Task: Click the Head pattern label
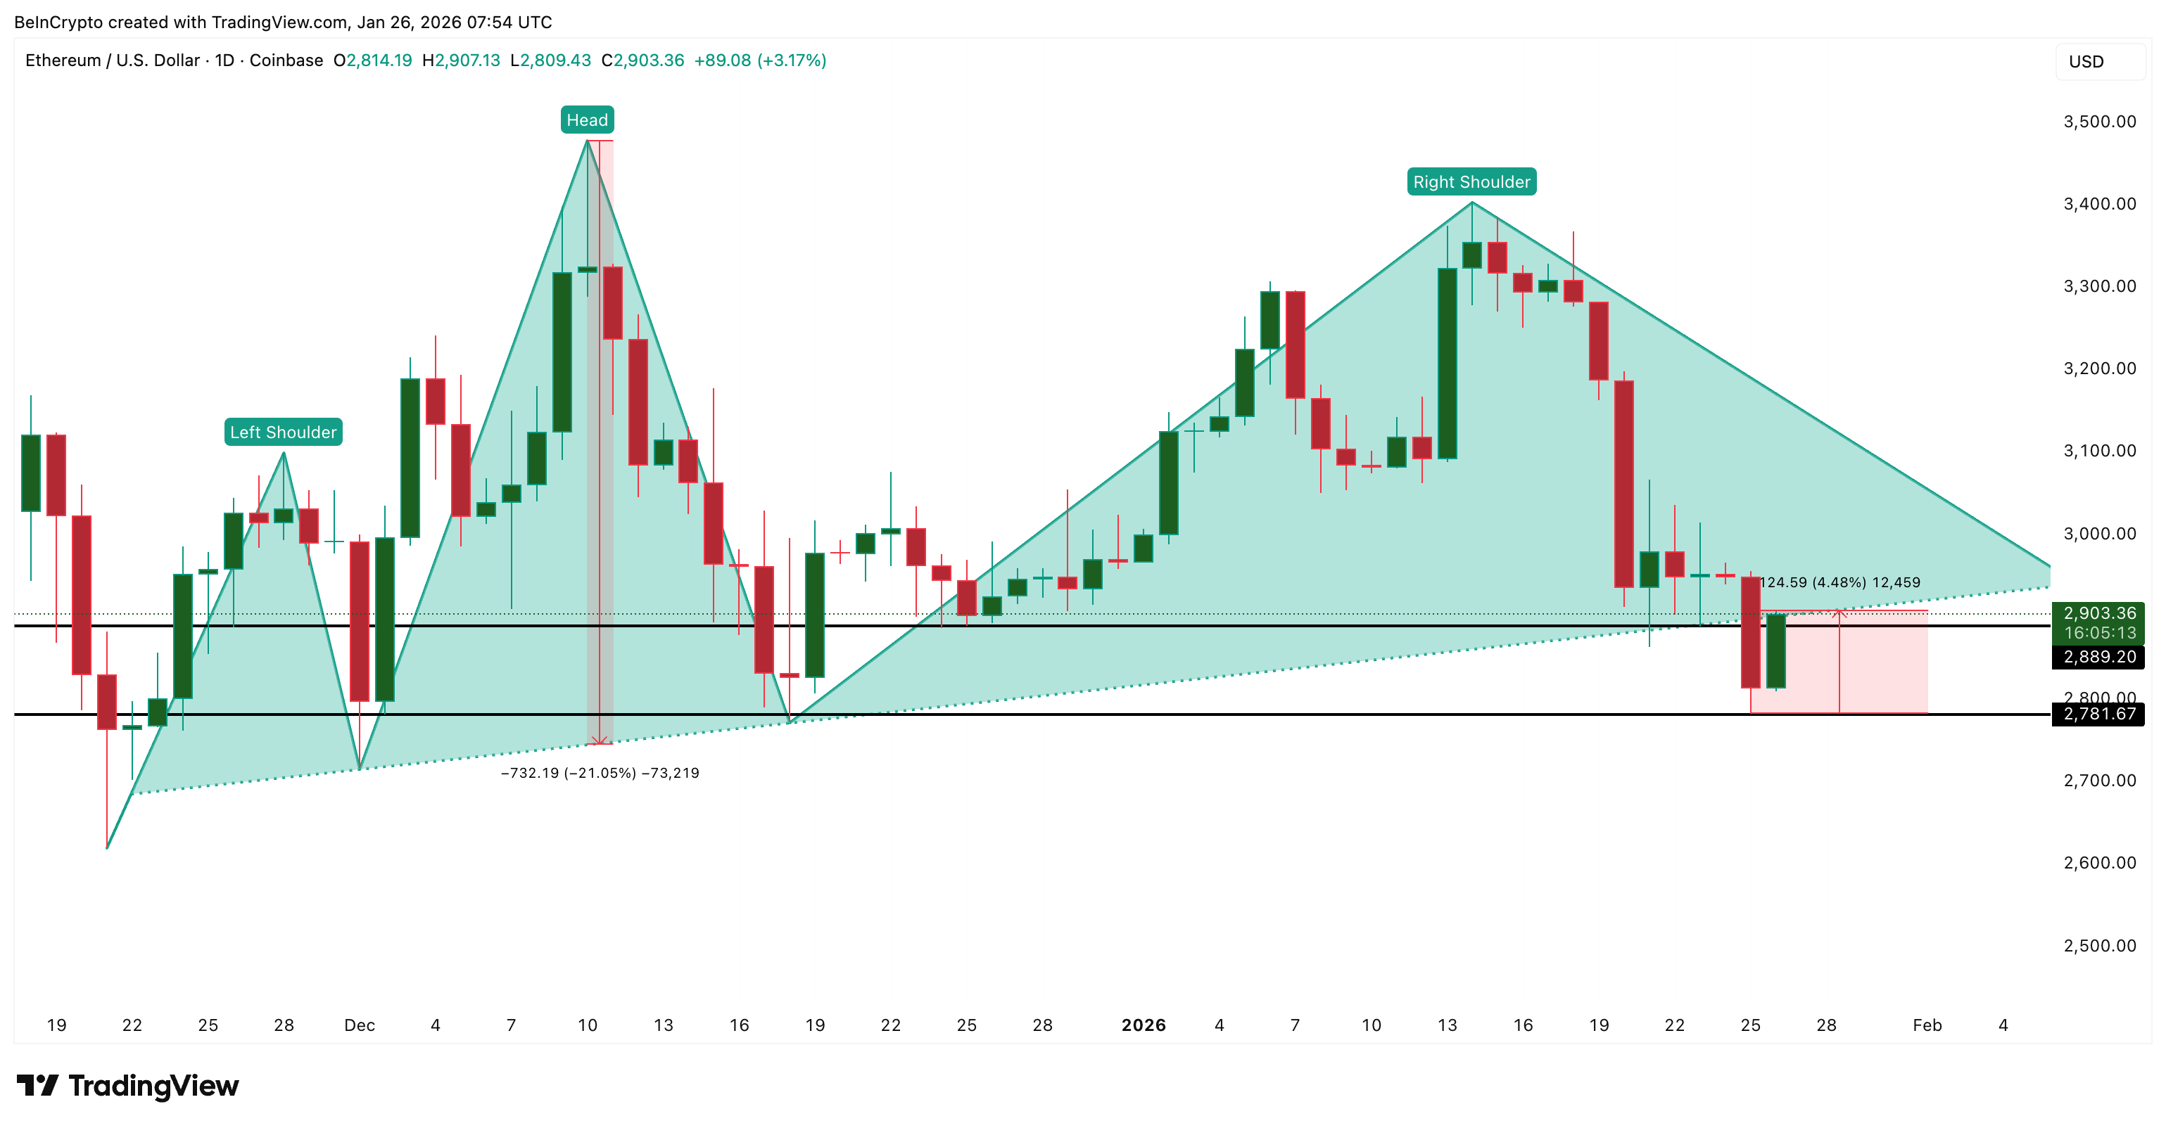[x=587, y=120]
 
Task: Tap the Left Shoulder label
[x=284, y=432]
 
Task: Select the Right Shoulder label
[x=1471, y=181]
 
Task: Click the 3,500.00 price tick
[x=2098, y=122]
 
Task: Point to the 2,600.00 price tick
[x=2098, y=862]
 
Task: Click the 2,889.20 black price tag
[x=2098, y=656]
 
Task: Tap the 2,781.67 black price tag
[x=2098, y=714]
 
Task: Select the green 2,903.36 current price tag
[x=2098, y=622]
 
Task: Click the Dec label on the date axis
[x=359, y=1025]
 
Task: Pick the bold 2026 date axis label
[x=1143, y=1025]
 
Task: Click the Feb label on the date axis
[x=1926, y=1025]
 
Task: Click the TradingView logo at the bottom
[x=128, y=1085]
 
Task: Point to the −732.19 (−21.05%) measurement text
[x=600, y=772]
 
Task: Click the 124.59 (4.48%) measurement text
[x=1839, y=582]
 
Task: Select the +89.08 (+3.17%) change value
[x=759, y=60]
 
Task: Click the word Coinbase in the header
[x=286, y=60]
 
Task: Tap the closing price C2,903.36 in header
[x=642, y=60]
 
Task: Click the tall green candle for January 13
[x=1446, y=363]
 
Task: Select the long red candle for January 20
[x=1623, y=483]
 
